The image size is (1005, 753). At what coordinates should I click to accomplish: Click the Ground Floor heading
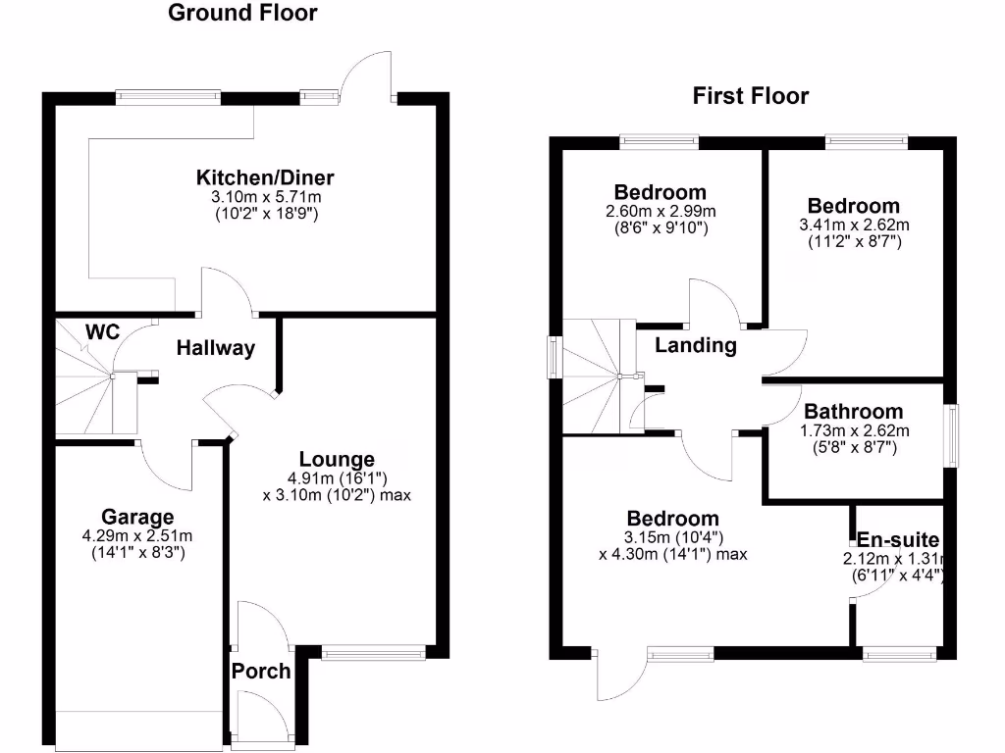click(242, 13)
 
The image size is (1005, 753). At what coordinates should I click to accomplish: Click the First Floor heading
click(750, 96)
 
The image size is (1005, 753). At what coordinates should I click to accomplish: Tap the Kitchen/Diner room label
click(265, 177)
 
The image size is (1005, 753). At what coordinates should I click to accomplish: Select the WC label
click(102, 332)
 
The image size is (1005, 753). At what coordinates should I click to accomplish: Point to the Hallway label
click(215, 348)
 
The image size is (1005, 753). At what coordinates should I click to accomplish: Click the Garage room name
click(137, 517)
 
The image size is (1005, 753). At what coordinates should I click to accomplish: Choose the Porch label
click(261, 671)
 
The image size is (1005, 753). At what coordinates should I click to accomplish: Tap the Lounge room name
click(337, 459)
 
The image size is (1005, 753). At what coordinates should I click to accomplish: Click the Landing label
click(695, 345)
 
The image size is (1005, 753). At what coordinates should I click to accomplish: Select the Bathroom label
click(852, 412)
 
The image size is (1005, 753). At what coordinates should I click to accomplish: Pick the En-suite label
click(898, 540)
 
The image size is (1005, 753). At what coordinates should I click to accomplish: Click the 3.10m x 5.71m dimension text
click(265, 197)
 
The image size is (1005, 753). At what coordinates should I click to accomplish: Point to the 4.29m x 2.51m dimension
click(137, 535)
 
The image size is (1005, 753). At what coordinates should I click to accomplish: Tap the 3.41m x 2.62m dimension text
click(853, 225)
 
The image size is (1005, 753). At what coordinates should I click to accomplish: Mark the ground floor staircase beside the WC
click(86, 382)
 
